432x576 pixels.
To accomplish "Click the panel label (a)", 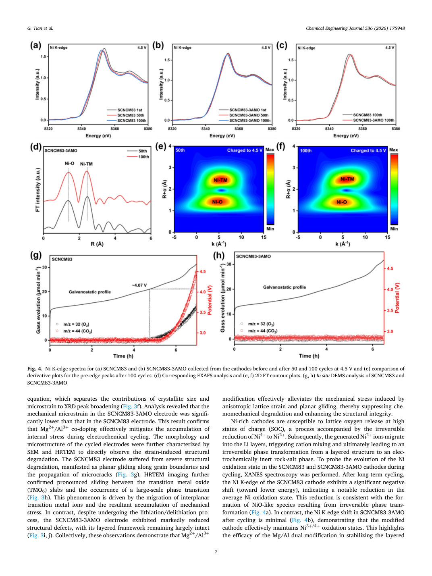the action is click(36, 46).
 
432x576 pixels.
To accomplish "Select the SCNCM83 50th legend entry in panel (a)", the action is click(125, 115).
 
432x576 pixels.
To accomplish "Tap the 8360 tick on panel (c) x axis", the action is click(363, 129).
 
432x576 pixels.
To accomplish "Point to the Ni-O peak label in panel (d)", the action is click(69, 164).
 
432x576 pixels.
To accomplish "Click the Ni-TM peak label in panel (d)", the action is click(86, 164).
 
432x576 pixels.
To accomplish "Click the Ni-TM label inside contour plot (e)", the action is click(220, 180).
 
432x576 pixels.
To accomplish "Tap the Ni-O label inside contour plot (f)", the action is click(341, 202).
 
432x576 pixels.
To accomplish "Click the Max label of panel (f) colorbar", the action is click(393, 150).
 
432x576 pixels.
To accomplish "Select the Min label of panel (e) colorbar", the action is click(270, 229).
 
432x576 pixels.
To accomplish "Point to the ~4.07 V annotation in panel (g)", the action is click(139, 285).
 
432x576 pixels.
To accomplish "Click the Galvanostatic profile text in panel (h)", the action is click(285, 287).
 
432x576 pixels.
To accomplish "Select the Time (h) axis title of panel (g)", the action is click(123, 356).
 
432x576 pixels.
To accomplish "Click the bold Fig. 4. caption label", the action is click(35, 369).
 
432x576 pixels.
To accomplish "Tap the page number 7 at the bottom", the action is click(216, 551).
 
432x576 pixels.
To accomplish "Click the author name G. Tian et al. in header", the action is click(40, 28).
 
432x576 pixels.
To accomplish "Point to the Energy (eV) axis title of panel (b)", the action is click(222, 136).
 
